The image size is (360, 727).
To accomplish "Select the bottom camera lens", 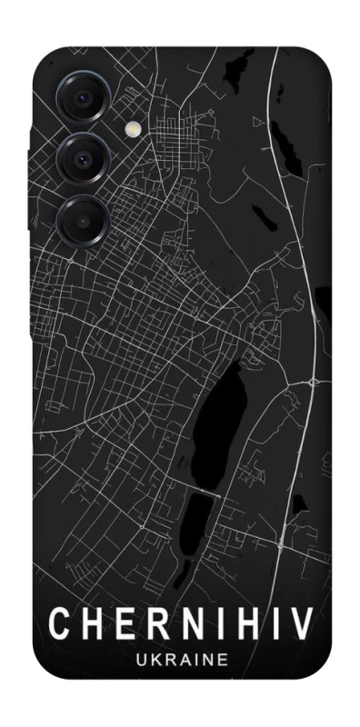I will point(81,219).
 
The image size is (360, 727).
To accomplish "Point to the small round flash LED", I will point(136,130).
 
